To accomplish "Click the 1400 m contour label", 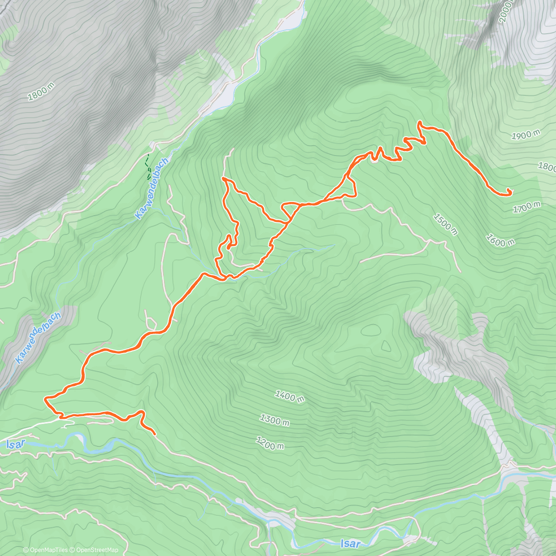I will pyautogui.click(x=290, y=397).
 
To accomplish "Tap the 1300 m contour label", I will pyautogui.click(x=274, y=420).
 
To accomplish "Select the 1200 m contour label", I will pyautogui.click(x=270, y=443).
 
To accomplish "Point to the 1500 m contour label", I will pyautogui.click(x=445, y=224).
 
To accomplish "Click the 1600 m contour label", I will pyautogui.click(x=500, y=240).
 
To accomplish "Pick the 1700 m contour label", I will pyautogui.click(x=527, y=207).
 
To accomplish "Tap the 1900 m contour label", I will pyautogui.click(x=526, y=135).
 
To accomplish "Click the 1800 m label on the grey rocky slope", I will pyautogui.click(x=41, y=91).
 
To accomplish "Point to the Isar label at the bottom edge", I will pyautogui.click(x=351, y=543).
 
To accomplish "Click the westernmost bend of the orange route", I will pyautogui.click(x=45, y=398).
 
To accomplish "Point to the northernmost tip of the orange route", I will pyautogui.click(x=420, y=122).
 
